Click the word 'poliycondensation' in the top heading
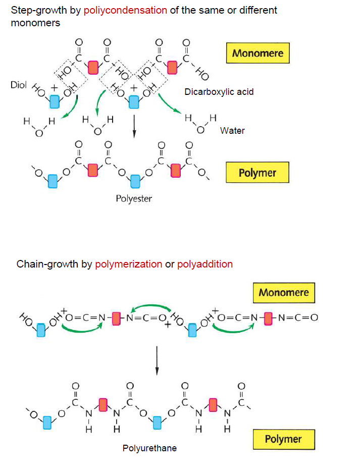click(125, 10)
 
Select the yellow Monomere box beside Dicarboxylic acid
click(258, 53)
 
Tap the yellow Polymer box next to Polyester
click(258, 173)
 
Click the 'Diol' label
click(18, 85)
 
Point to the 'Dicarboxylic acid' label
click(219, 92)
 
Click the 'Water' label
click(232, 131)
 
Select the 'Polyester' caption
click(134, 198)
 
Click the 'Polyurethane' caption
click(149, 448)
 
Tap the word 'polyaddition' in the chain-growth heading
click(205, 264)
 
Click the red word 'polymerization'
click(129, 264)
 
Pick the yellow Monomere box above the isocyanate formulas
click(283, 293)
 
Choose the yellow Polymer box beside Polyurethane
click(283, 439)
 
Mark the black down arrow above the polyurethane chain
click(157, 360)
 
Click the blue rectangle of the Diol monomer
click(55, 102)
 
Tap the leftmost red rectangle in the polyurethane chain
click(103, 404)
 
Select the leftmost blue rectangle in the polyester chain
click(52, 181)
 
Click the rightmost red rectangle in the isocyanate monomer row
click(268, 318)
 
